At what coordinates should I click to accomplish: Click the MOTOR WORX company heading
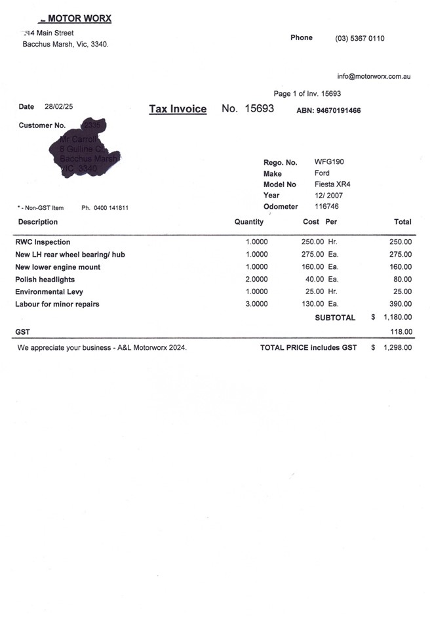[78, 18]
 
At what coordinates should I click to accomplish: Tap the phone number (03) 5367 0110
[360, 38]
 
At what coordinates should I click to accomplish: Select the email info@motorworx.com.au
[374, 76]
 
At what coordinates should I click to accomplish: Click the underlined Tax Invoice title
[178, 109]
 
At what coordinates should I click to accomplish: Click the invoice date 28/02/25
[59, 106]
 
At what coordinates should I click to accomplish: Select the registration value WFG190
[329, 161]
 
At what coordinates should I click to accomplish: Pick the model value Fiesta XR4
[334, 184]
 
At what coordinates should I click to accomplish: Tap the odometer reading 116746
[327, 206]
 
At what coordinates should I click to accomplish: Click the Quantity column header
[249, 222]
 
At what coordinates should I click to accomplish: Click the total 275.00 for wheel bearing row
[401, 255]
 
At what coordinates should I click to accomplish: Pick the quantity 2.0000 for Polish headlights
[256, 280]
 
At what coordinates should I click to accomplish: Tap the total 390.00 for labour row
[401, 304]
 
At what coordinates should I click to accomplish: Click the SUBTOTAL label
[335, 318]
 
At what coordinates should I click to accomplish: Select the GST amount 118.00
[401, 332]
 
